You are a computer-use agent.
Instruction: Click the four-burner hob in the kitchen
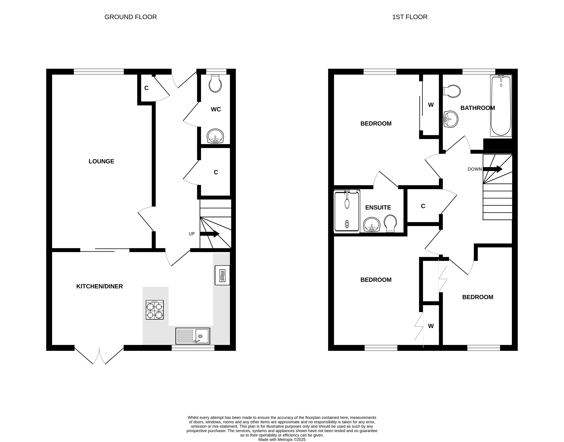[x=155, y=310]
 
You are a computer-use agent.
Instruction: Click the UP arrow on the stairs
[x=210, y=234]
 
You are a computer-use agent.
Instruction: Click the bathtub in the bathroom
[x=501, y=106]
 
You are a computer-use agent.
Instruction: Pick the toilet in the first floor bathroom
[x=452, y=91]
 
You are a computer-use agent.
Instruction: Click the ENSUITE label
[x=378, y=208]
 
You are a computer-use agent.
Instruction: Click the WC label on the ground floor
[x=216, y=109]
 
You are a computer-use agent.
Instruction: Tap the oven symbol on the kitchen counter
[x=222, y=275]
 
